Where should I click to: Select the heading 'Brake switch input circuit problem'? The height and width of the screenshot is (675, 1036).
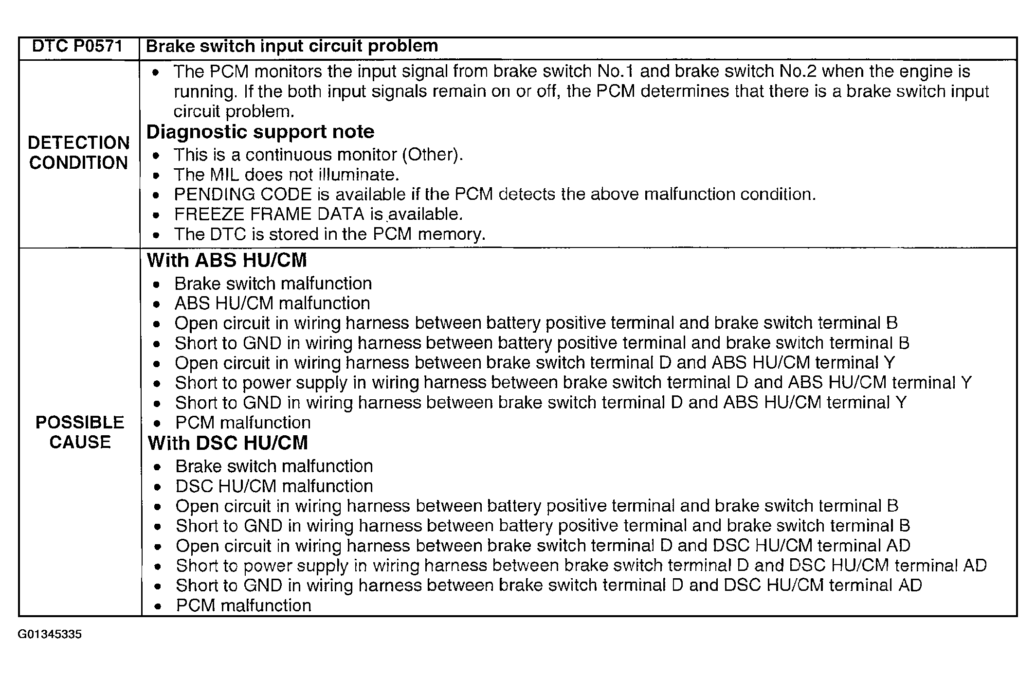(292, 46)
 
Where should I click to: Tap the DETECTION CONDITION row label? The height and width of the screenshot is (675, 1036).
(79, 153)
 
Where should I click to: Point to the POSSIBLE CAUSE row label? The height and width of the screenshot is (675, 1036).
(80, 432)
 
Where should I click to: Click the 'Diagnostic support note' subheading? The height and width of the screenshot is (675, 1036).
(260, 132)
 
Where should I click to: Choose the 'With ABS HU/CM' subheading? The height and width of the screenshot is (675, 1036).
(227, 260)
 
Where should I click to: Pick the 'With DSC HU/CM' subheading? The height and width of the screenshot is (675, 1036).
(228, 443)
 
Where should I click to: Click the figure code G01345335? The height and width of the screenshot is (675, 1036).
(50, 635)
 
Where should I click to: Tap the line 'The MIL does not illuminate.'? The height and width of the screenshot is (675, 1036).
(286, 175)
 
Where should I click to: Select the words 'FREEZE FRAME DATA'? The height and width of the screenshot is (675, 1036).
(270, 214)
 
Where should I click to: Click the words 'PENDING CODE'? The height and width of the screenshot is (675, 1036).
(242, 195)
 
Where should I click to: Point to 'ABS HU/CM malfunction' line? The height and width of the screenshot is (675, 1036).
(272, 303)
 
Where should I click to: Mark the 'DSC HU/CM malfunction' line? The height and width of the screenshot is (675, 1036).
(274, 486)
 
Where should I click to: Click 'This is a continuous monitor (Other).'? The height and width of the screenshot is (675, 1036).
(318, 155)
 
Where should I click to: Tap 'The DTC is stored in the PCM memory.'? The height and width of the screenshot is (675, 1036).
(329, 234)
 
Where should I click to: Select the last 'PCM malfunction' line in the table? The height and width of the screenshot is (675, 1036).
(243, 605)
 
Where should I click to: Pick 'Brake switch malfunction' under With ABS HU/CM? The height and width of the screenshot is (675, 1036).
(273, 284)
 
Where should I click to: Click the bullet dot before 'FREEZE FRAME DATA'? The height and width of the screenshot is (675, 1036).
(156, 215)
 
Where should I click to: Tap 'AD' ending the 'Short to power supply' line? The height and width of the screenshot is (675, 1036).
(975, 566)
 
